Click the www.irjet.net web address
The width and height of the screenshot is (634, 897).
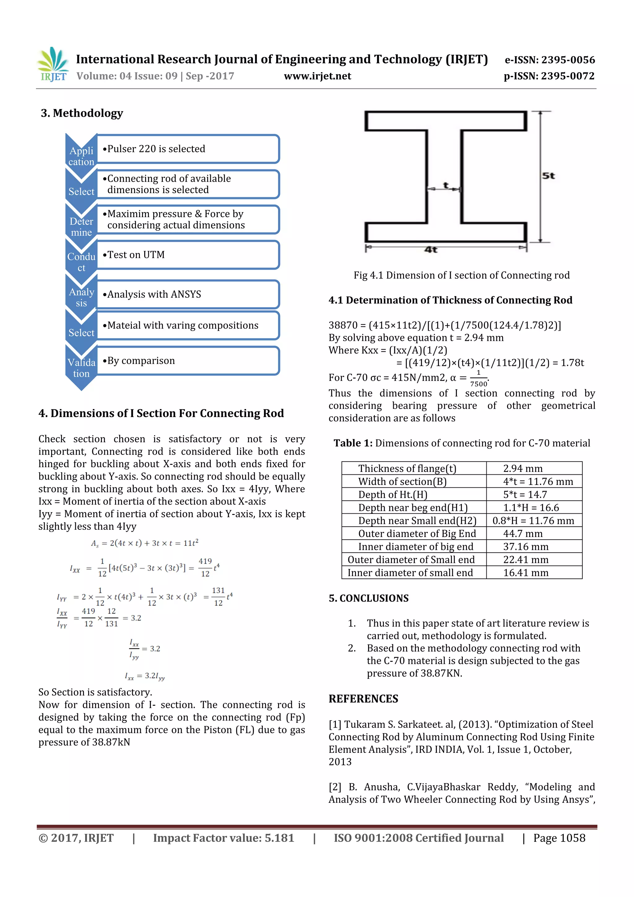[x=317, y=76]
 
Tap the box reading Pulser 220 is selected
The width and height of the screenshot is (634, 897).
[x=188, y=149]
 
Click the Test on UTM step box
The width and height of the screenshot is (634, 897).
[x=188, y=255]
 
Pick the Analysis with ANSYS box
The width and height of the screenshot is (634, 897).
[x=188, y=294]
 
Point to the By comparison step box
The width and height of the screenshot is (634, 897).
[x=188, y=361]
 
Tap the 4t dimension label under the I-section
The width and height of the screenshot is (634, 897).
[x=431, y=250]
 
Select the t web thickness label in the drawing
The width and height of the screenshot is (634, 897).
[x=446, y=185]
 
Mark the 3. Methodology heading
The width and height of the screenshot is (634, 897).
[x=82, y=113]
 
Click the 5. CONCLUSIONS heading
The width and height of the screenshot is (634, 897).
[x=368, y=598]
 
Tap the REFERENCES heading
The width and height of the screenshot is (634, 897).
[x=363, y=699]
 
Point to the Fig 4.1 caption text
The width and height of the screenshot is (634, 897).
[x=461, y=276]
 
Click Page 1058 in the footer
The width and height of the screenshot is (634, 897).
[x=559, y=838]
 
